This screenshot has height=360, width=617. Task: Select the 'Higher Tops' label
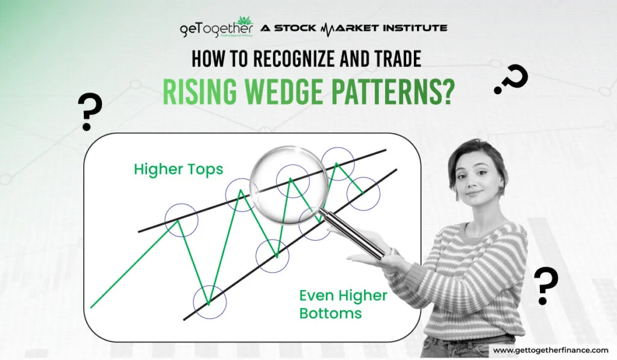click(x=178, y=169)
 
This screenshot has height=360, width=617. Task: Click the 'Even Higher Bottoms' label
click(x=343, y=304)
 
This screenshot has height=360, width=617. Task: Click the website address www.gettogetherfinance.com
click(x=551, y=350)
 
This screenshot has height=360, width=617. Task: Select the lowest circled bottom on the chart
click(x=210, y=302)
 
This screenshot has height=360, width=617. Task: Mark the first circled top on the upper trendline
click(x=181, y=219)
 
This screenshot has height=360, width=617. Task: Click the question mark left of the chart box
click(x=89, y=112)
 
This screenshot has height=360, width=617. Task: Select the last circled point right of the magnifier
click(x=363, y=194)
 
